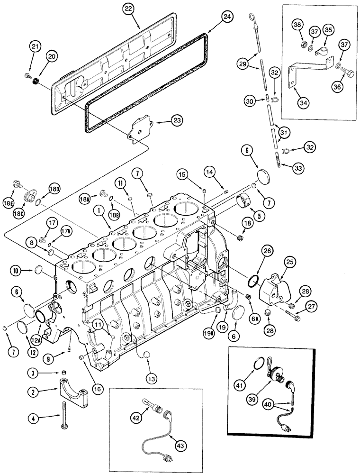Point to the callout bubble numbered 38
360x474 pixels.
point(297,26)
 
